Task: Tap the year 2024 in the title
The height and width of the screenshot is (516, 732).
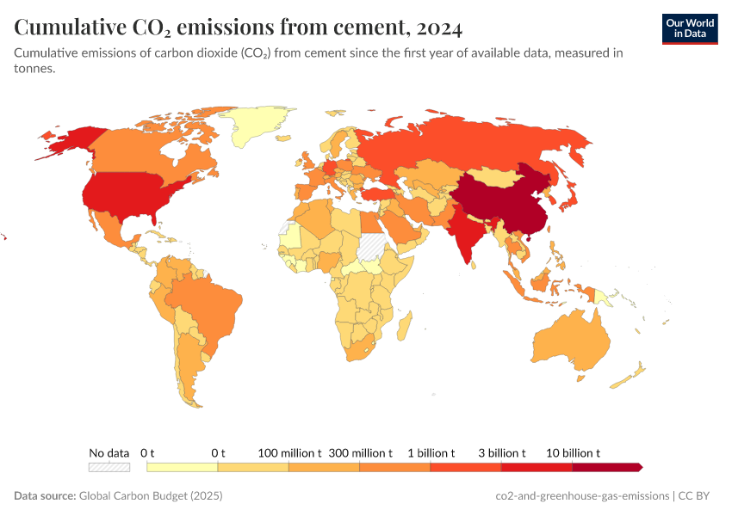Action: coord(437,28)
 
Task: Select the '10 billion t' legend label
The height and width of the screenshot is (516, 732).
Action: coord(573,452)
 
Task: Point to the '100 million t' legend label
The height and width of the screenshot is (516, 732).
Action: coord(289,452)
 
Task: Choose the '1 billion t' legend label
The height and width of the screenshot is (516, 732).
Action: coord(431,452)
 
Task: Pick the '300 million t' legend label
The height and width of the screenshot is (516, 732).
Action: coord(360,452)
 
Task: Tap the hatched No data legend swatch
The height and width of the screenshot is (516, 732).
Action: coord(109,467)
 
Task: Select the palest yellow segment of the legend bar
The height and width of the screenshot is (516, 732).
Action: coord(182,467)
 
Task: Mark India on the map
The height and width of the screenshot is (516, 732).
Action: coord(466,232)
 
